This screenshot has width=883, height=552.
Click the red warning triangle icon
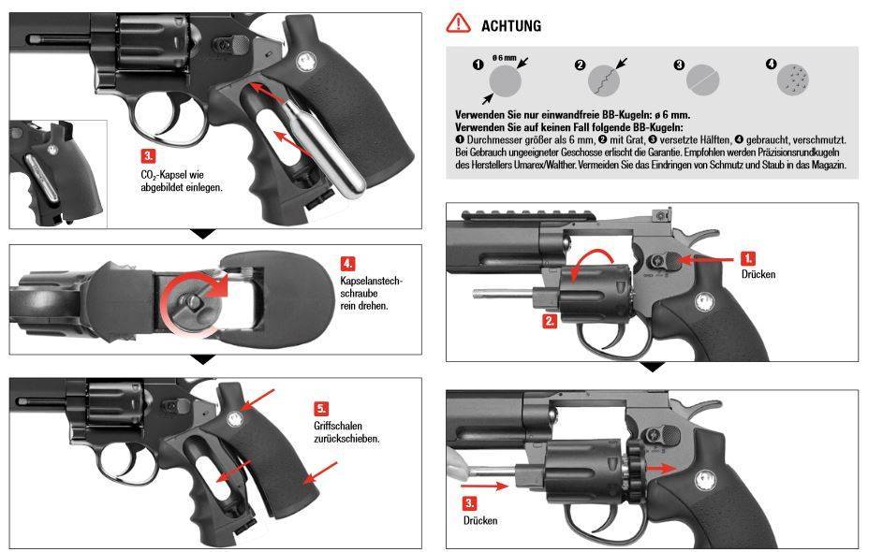(458, 23)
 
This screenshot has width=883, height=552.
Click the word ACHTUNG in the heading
(510, 26)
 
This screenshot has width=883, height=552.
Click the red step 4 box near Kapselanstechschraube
(347, 263)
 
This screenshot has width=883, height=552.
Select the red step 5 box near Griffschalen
(321, 408)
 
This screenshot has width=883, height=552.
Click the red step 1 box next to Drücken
(748, 256)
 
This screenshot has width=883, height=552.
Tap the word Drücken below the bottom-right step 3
(480, 519)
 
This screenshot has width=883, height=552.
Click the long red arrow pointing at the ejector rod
(485, 485)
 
